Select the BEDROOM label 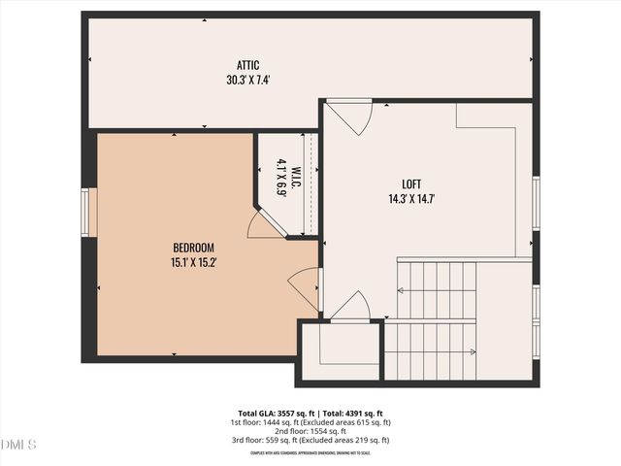click(193, 248)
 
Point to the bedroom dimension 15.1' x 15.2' click(193, 261)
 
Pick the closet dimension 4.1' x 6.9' click(281, 178)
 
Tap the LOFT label click(412, 184)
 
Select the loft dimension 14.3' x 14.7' click(412, 199)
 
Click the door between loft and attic click(349, 117)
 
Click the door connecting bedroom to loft click(305, 288)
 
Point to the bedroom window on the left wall click(88, 212)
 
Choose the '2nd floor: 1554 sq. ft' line click(310, 431)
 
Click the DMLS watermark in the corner click(18, 446)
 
